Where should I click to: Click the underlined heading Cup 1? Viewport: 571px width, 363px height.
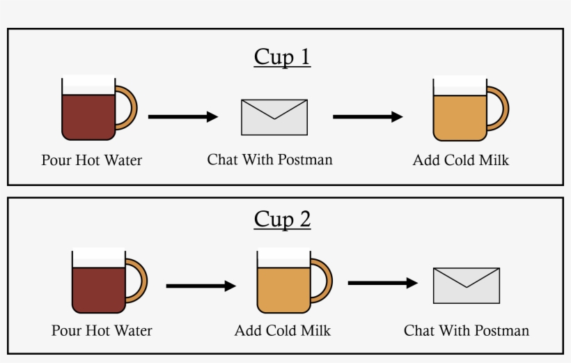coord(282,56)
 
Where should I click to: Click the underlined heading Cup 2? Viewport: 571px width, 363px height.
coord(282,219)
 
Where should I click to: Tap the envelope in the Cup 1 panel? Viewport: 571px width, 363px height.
coord(274,117)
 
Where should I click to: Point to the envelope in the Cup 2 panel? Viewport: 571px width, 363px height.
coord(467,286)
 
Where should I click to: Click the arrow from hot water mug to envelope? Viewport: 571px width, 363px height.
coord(183,116)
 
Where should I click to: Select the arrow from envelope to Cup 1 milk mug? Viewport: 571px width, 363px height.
coord(368,116)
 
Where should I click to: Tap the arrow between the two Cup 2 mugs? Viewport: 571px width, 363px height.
coord(201,285)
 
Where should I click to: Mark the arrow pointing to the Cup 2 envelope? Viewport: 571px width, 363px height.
coord(382,283)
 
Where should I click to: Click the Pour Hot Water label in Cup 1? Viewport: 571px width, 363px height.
coord(91,160)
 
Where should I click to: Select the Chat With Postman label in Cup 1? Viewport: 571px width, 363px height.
coord(270,160)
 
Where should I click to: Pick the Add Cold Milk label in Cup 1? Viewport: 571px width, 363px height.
coord(461,160)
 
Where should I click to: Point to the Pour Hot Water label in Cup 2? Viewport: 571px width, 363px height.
coord(102,330)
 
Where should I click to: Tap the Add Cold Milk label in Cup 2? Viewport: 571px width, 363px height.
coord(283,330)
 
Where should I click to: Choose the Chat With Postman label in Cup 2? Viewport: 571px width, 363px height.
coord(467,330)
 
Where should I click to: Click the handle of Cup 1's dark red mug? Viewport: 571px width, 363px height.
coord(127,108)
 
